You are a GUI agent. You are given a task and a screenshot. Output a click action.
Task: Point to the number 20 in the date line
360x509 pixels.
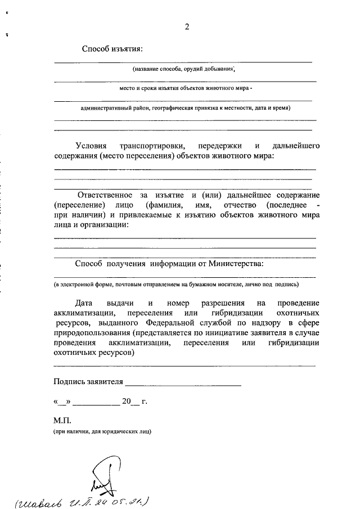pos(127,402)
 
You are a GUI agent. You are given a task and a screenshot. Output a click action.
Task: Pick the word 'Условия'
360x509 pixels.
pos(90,145)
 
